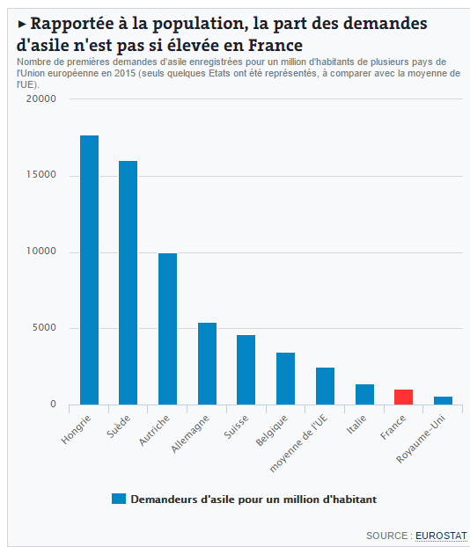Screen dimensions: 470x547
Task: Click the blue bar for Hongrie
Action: (90, 270)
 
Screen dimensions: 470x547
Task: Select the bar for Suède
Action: (129, 283)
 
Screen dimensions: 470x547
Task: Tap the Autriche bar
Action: (167, 329)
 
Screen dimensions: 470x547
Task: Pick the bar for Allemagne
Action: (207, 364)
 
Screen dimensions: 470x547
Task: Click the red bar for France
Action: (404, 397)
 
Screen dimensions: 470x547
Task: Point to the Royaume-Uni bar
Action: (443, 400)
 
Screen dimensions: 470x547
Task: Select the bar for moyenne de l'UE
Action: (325, 386)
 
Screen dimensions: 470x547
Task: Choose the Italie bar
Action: (365, 395)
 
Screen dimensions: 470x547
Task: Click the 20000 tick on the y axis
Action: (40, 98)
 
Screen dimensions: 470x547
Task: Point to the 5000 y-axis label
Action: (44, 327)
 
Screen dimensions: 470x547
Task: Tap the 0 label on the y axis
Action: (53, 404)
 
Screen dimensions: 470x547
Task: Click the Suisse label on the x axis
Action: (236, 427)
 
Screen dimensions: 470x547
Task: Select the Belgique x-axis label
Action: (272, 431)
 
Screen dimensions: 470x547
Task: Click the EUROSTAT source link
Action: (441, 536)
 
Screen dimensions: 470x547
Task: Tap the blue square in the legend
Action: (119, 499)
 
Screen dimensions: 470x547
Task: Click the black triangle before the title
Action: (22, 24)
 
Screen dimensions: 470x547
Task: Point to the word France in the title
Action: (275, 46)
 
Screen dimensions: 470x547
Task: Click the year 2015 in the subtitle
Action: (125, 74)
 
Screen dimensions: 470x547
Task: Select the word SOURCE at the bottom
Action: (387, 536)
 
